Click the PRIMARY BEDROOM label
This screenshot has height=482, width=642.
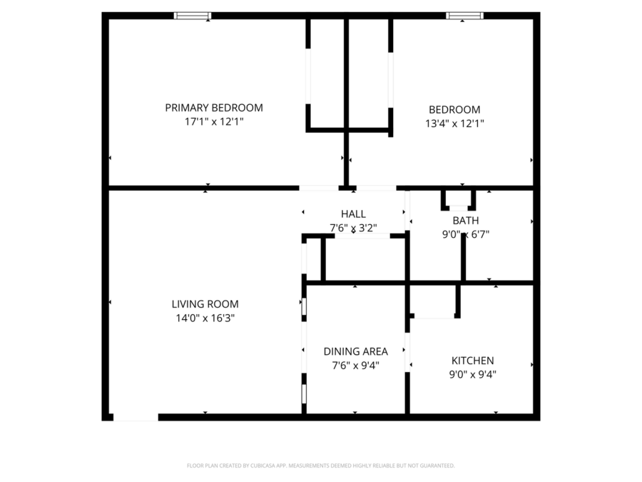coord(213,108)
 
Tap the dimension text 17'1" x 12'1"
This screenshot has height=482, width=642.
coord(213,122)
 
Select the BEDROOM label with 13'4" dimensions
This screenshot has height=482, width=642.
coord(454,109)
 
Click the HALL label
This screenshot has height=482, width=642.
coord(353,214)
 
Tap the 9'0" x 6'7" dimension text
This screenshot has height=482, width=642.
coord(465,234)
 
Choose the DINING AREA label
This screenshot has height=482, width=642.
coord(355,351)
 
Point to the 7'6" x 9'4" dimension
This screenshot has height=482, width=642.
coord(355,366)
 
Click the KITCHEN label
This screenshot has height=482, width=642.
coord(472,361)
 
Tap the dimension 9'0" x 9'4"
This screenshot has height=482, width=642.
coord(472,374)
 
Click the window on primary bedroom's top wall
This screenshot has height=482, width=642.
coord(193,16)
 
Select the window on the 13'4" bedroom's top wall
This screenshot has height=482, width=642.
coord(464,16)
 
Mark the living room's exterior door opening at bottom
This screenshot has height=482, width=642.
coord(136,417)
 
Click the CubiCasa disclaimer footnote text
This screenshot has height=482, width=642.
coord(320,466)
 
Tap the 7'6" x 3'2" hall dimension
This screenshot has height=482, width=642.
coord(353,229)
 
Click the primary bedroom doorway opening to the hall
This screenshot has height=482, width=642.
coord(318,188)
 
